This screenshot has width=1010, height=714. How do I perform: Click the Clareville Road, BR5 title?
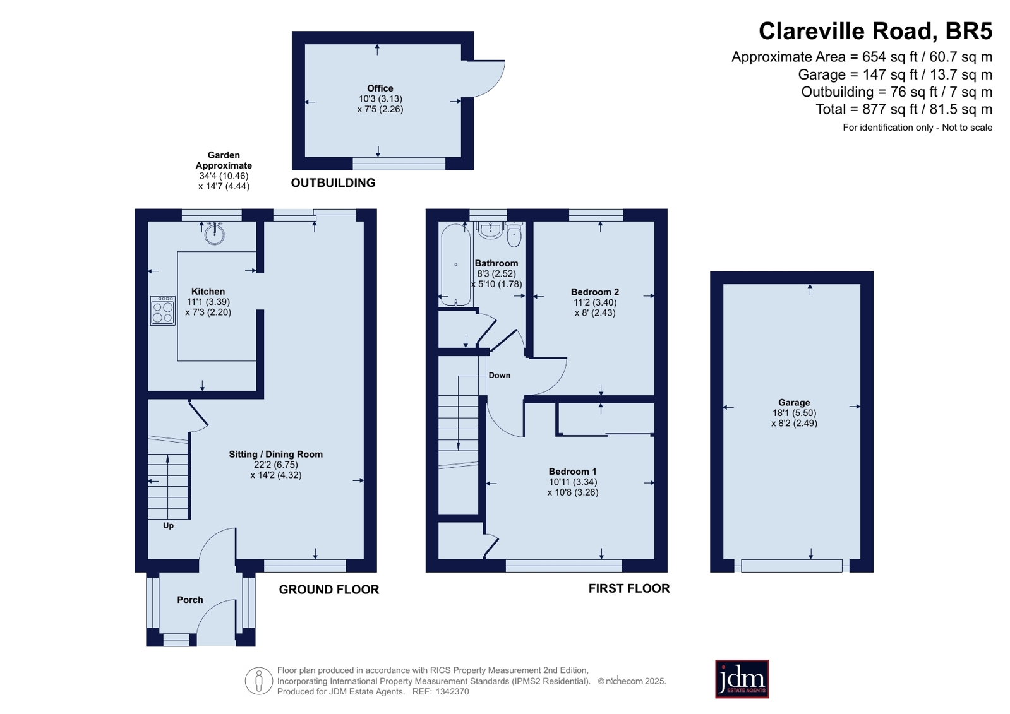tap(875, 32)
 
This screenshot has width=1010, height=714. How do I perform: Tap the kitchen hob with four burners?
tap(163, 311)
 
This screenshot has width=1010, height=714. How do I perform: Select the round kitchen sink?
tap(215, 234)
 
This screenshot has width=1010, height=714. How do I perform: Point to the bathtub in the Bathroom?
tap(456, 265)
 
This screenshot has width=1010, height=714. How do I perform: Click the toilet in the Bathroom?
tap(514, 234)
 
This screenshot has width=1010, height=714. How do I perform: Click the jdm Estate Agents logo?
tap(742, 679)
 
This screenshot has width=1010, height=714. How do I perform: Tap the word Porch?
tap(190, 600)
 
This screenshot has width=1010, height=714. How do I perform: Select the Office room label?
tap(380, 88)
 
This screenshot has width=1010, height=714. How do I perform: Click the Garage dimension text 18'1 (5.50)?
tap(794, 413)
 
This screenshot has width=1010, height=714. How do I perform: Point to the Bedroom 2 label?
tap(595, 292)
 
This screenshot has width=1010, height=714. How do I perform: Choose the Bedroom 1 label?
tap(573, 472)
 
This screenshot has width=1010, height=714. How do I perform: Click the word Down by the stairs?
tap(500, 375)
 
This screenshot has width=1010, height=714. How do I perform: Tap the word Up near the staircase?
tap(168, 526)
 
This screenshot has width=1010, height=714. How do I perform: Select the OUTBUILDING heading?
tap(334, 182)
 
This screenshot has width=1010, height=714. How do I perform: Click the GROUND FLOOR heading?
tap(329, 590)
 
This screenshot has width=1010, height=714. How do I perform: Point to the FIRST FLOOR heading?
tap(630, 588)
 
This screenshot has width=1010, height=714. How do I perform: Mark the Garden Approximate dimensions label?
tap(224, 170)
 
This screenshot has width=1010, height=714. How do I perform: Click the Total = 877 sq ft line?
tap(904, 109)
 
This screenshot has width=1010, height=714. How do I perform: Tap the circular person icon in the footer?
tap(259, 681)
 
